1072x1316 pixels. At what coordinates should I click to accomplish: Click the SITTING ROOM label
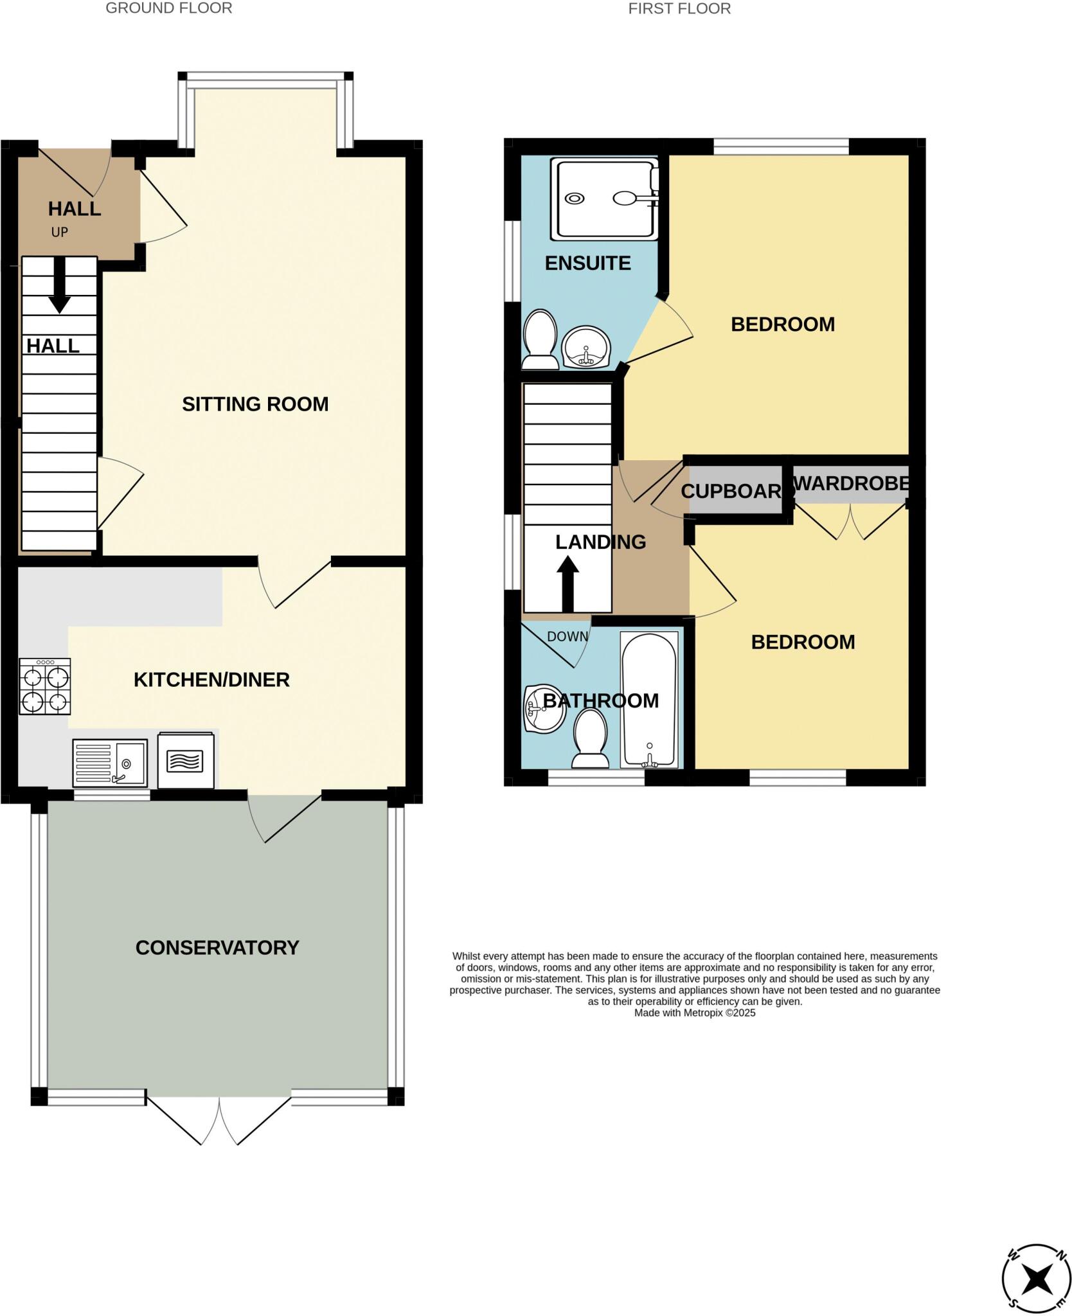255,404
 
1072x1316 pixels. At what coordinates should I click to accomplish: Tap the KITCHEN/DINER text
211,679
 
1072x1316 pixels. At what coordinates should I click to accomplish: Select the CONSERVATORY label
217,947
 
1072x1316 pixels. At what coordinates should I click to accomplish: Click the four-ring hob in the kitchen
44,686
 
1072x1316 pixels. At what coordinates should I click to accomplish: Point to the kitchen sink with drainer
110,763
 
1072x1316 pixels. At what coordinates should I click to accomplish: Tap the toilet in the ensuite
540,339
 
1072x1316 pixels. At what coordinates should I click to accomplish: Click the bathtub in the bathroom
648,699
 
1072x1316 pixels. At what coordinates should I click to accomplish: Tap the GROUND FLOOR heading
169,8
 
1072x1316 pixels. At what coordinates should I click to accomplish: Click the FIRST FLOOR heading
679,9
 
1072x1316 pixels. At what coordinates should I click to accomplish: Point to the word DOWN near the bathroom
567,636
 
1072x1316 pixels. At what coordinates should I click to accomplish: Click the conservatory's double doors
219,1119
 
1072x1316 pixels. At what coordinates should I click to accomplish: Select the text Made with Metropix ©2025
695,1013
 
